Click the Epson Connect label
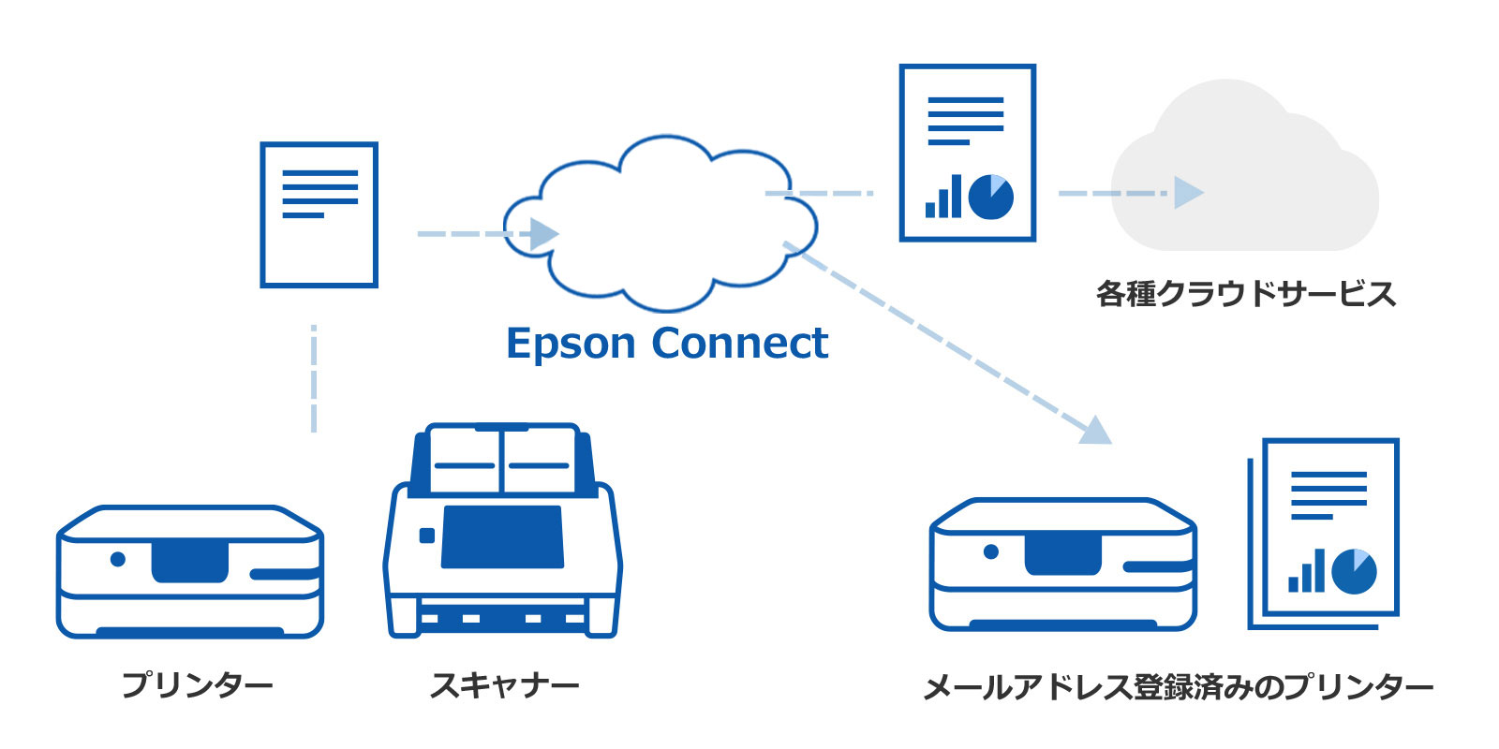pyautogui.click(x=667, y=344)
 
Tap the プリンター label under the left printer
pyautogui.click(x=197, y=684)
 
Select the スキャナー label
pyautogui.click(x=504, y=684)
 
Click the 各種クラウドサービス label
pyautogui.click(x=1245, y=294)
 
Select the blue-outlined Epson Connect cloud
pyautogui.click(x=660, y=225)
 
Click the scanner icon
pyautogui.click(x=503, y=534)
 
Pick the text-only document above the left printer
pyautogui.click(x=319, y=214)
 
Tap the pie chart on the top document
pyautogui.click(x=990, y=197)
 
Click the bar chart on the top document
pyautogui.click(x=943, y=198)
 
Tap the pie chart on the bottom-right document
pyautogui.click(x=1353, y=571)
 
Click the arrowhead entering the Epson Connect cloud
pyautogui.click(x=543, y=234)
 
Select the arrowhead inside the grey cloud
pyautogui.click(x=1188, y=193)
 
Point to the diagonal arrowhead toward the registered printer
pyautogui.click(x=1094, y=432)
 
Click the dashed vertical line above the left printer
pyautogui.click(x=314, y=379)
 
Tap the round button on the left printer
pyautogui.click(x=118, y=559)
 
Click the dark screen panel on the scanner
pyautogui.click(x=502, y=537)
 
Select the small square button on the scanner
pyautogui.click(x=427, y=536)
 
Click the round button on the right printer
pyautogui.click(x=991, y=551)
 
